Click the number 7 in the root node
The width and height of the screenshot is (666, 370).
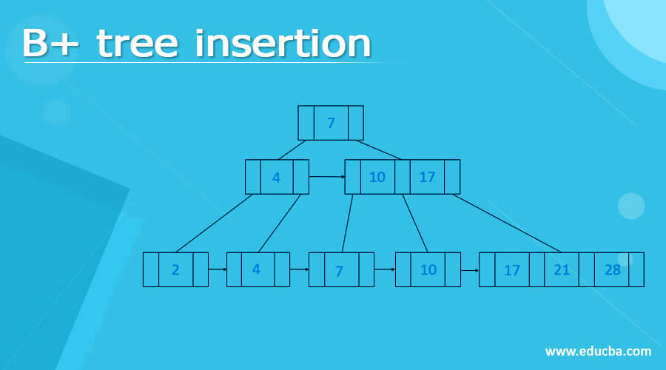click(x=331, y=123)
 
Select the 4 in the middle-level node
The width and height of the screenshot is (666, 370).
click(x=276, y=178)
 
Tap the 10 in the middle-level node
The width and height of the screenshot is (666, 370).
click(x=377, y=178)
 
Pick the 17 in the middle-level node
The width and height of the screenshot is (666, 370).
click(x=427, y=178)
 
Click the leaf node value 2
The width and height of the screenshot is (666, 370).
click(x=175, y=270)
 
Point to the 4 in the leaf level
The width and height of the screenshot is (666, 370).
click(x=256, y=269)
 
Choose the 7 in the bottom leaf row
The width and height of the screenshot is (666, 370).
click(x=339, y=271)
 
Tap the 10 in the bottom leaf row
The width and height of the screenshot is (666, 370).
click(x=428, y=270)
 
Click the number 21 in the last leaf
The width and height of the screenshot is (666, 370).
click(x=562, y=270)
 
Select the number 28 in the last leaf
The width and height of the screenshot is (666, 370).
click(x=612, y=270)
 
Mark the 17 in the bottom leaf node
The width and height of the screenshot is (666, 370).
click(x=511, y=271)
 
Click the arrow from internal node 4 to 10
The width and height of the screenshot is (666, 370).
click(x=326, y=177)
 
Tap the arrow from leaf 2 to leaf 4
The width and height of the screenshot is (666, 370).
click(x=217, y=269)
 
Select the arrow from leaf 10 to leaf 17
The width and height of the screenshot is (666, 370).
click(x=469, y=270)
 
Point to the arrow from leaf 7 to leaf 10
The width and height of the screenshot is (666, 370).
click(x=385, y=269)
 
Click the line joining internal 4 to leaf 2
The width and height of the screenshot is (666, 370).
click(x=214, y=223)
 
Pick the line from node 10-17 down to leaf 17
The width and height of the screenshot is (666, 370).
click(x=507, y=223)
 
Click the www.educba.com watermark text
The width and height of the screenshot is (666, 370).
click(x=598, y=351)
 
